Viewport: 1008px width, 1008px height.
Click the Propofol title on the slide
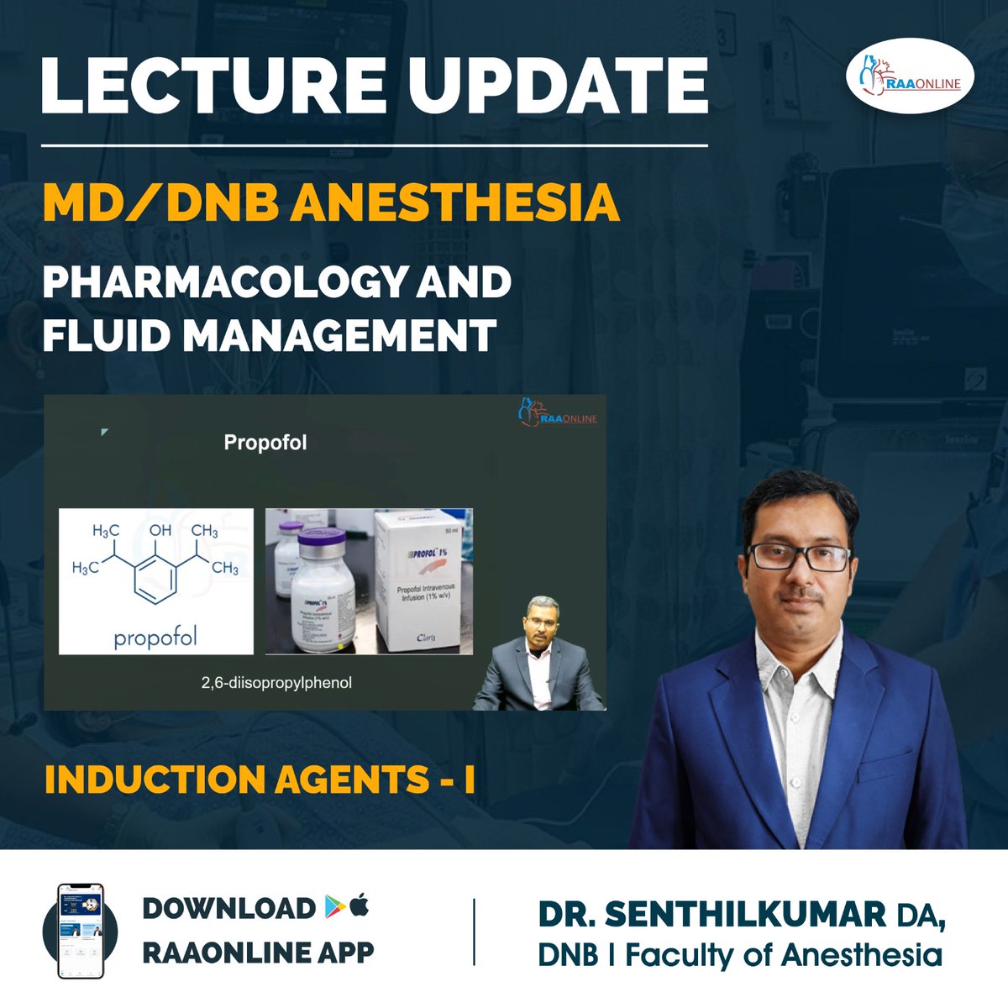pyautogui.click(x=265, y=443)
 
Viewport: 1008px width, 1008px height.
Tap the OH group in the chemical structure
pyautogui.click(x=160, y=531)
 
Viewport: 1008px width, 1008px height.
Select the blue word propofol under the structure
pyautogui.click(x=155, y=638)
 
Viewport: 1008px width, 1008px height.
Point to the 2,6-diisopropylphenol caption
pyautogui.click(x=276, y=683)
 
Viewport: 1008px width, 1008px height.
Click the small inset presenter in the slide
pyautogui.click(x=538, y=655)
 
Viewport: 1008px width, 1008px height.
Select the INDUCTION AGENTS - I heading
pyautogui.click(x=260, y=780)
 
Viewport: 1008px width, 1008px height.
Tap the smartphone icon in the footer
pyautogui.click(x=80, y=931)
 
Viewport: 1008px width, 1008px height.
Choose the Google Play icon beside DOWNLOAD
pyautogui.click(x=332, y=907)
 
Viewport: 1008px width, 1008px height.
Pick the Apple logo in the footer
pyautogui.click(x=360, y=906)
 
